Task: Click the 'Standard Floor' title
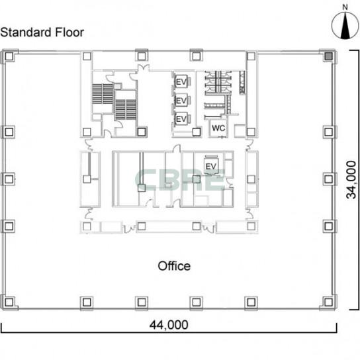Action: click(x=42, y=32)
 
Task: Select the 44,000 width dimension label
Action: click(x=169, y=325)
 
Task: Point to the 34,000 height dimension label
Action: click(x=351, y=179)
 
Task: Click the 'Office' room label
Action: click(x=174, y=266)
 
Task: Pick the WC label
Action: click(x=218, y=128)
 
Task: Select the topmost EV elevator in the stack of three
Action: click(x=181, y=82)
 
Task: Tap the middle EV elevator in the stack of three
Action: click(x=181, y=101)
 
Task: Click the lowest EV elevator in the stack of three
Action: click(x=181, y=118)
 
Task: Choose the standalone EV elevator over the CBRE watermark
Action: click(x=211, y=165)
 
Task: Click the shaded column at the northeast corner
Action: click(x=329, y=56)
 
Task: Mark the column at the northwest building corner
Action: click(x=9, y=56)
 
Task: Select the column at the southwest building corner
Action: click(x=9, y=302)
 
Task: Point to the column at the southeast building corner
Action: click(x=329, y=302)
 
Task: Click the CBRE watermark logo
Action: click(x=180, y=180)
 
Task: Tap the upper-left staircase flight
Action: click(x=103, y=94)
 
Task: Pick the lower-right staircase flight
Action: click(x=126, y=109)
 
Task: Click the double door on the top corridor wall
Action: click(x=143, y=68)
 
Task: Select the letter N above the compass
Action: click(x=345, y=7)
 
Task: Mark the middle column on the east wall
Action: click(x=329, y=179)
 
